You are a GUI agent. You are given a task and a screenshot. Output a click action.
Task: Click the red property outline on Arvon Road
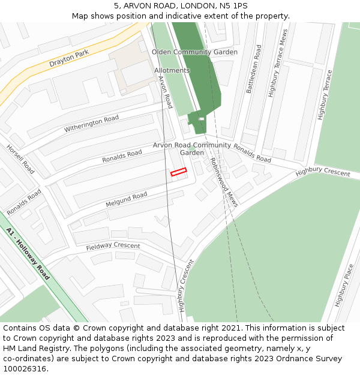click(x=178, y=172)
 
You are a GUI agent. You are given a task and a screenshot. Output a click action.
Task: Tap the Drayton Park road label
click(x=69, y=58)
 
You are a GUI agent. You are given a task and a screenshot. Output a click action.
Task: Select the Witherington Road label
click(x=92, y=124)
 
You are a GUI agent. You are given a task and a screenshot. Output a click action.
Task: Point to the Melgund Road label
click(x=126, y=198)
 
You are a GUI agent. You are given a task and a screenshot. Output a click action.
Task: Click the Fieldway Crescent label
click(x=113, y=246)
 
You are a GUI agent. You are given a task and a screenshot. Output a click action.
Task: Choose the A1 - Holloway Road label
click(x=28, y=254)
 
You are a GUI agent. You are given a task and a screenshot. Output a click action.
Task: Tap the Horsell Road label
click(x=20, y=160)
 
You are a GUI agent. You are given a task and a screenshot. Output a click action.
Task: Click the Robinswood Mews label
click(x=224, y=182)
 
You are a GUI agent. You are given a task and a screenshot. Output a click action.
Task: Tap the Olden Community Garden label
click(x=194, y=52)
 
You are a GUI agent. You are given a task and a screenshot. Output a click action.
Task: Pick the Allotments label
click(x=172, y=70)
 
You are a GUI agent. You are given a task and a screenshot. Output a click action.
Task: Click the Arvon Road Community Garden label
click(x=192, y=149)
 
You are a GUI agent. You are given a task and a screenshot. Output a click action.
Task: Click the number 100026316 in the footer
click(x=25, y=369)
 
